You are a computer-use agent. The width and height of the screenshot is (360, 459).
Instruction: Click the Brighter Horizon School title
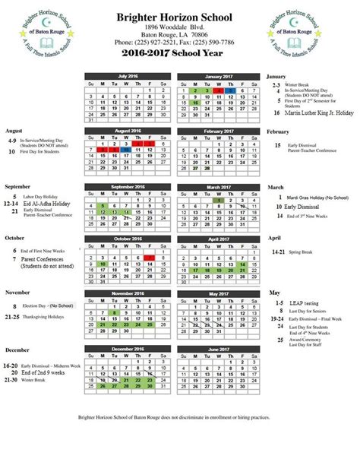pos(180,15)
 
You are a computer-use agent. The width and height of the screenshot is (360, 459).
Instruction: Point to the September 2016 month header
pos(130,186)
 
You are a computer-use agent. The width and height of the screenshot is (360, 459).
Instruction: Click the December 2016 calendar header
pos(130,349)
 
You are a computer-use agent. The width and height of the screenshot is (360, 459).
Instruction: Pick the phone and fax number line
pos(180,42)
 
